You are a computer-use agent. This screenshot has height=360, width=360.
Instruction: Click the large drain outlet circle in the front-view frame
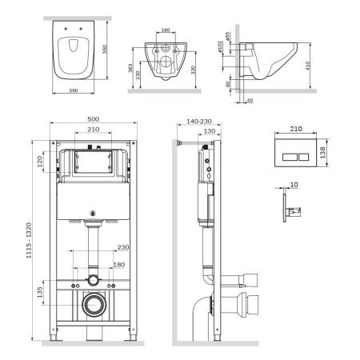[x=94, y=304]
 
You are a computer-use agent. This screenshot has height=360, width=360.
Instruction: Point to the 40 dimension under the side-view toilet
[x=249, y=100]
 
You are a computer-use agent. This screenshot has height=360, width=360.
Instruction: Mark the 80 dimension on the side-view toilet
[x=229, y=82]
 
